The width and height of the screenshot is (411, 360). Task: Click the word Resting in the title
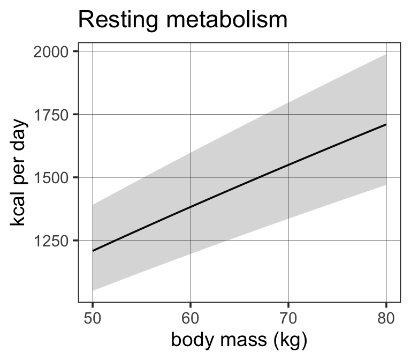118,20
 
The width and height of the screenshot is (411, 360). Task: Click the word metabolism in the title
227,19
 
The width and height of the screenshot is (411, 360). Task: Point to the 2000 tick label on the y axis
51,52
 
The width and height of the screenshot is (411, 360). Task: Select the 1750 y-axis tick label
51,115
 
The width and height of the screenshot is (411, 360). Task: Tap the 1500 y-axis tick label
51,178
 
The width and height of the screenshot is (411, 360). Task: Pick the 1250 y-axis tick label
51,241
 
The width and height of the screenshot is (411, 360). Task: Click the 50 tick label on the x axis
92,319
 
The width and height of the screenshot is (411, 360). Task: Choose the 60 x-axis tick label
191,319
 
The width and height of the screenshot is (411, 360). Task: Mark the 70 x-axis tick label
288,319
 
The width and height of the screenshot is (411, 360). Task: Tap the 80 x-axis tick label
386,319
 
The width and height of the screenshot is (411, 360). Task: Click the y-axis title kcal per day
18,172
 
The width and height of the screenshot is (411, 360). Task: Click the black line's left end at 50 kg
93,251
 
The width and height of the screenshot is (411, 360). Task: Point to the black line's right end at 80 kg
386,124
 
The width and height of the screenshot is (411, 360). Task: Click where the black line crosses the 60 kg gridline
191,207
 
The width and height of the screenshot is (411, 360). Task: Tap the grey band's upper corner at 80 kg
386,54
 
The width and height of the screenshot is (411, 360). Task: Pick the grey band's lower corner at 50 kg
93,291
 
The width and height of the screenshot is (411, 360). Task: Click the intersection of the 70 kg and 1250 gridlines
288,240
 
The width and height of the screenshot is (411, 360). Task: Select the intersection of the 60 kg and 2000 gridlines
191,51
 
